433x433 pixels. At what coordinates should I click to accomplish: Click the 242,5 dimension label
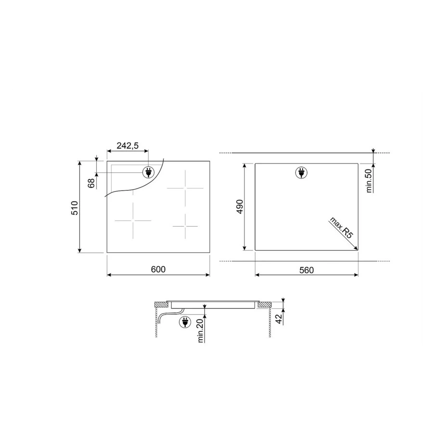coord(128,146)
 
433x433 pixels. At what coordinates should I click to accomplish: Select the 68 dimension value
coord(91,183)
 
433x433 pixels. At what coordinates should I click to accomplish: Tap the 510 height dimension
coord(75,207)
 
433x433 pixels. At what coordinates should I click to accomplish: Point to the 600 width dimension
coord(158,269)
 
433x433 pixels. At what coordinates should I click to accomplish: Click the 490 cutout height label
coord(240,206)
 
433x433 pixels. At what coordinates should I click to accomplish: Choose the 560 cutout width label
coord(306,270)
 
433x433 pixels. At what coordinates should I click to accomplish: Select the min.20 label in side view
coord(200,331)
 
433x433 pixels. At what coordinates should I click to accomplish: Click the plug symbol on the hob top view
coord(149,172)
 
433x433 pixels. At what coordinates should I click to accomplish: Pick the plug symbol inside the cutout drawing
coord(301,172)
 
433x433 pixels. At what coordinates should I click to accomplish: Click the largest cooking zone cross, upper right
coord(185,187)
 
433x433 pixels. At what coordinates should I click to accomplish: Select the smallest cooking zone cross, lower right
coord(185,225)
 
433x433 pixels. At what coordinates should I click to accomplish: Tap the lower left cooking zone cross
coord(133,221)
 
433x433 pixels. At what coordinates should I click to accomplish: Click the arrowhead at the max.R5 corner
coord(356,248)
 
